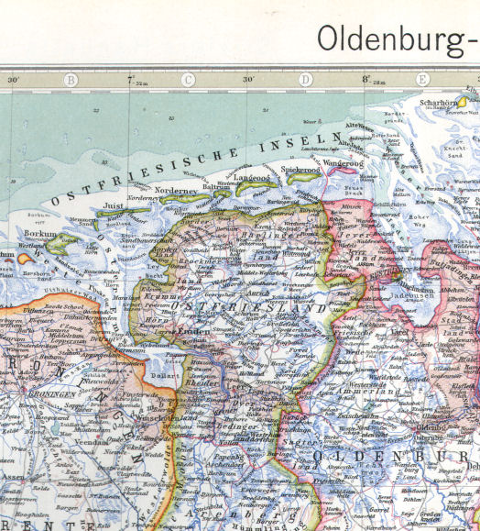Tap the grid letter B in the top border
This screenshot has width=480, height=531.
70,80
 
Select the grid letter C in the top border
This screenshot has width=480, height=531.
188,80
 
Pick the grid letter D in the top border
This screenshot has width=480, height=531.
305,80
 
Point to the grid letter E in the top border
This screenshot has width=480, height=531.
421,80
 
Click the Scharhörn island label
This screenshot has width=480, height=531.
436,102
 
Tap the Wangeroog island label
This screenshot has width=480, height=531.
344,163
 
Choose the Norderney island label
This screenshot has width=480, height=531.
174,192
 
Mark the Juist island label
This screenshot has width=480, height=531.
114,207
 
